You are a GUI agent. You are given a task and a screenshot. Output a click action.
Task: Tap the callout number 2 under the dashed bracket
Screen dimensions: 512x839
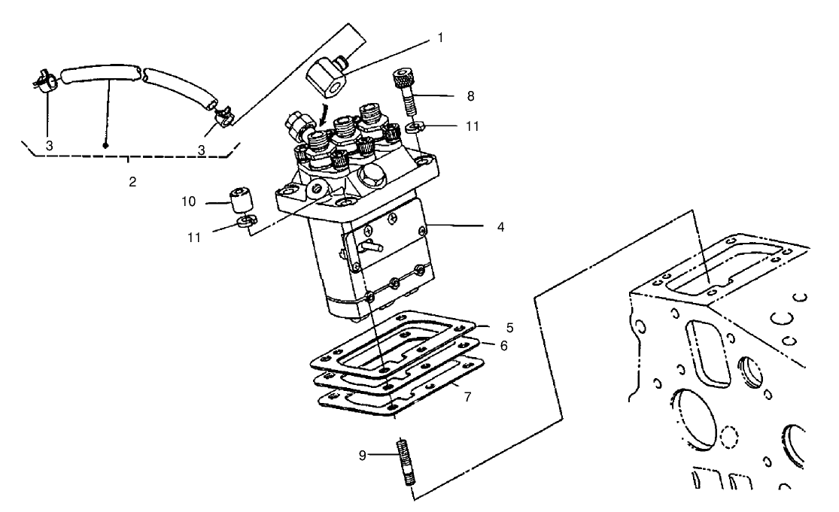click(132, 182)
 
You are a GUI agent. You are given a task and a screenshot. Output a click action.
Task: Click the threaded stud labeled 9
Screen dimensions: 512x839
click(404, 471)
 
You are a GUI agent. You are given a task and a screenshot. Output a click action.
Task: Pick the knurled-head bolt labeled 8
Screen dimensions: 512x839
click(401, 90)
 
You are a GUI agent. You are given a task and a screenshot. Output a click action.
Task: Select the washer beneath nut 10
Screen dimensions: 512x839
click(245, 221)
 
